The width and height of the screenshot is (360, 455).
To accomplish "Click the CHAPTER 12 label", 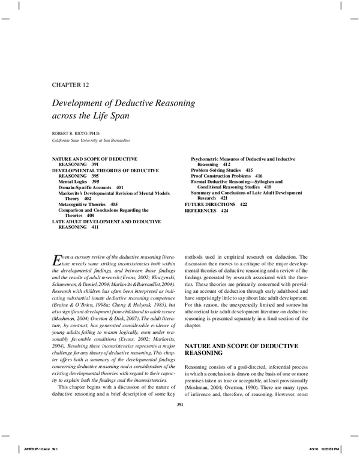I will (x=71, y=83).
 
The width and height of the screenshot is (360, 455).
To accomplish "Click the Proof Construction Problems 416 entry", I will (x=226, y=176).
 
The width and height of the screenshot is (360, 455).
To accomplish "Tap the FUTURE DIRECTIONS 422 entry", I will (x=215, y=205).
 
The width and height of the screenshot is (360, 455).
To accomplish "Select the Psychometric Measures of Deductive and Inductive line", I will (x=247, y=158).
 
